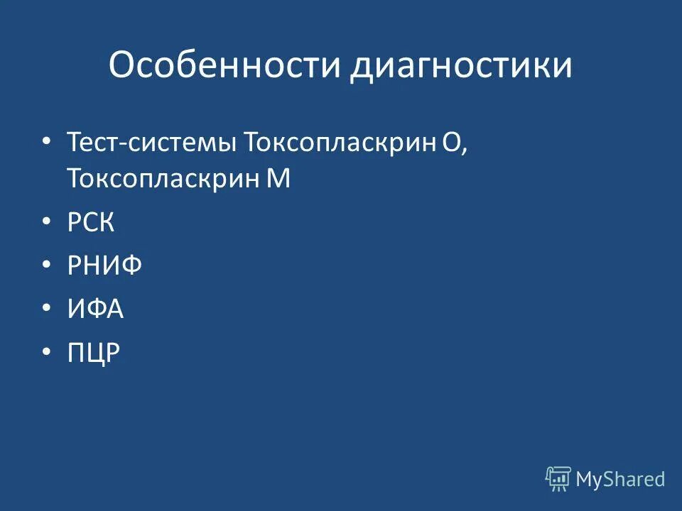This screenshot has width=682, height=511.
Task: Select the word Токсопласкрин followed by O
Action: [340, 143]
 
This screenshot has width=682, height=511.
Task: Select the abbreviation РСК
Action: [91, 223]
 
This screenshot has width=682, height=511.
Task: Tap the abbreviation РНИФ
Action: [105, 266]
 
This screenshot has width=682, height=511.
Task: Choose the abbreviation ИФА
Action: [96, 309]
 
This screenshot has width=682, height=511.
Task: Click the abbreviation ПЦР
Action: [94, 353]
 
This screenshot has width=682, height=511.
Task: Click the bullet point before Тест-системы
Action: [47, 142]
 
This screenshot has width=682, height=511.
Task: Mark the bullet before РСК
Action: [47, 223]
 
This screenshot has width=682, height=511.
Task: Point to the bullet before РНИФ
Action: [47, 266]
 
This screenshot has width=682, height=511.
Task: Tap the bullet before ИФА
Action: [47, 309]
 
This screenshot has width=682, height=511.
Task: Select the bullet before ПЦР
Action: [47, 353]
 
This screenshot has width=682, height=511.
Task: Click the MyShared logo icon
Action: [558, 479]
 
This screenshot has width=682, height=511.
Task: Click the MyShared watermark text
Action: [620, 479]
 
